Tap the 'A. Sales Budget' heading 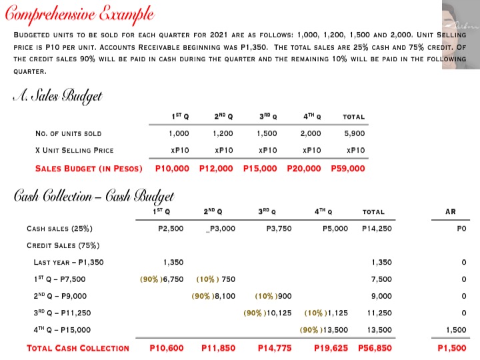click(x=59, y=97)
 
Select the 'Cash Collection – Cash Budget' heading click(x=94, y=196)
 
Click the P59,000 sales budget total click(x=348, y=168)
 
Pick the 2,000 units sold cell click(x=310, y=133)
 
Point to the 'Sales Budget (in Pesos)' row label click(x=89, y=168)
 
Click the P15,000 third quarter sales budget click(x=260, y=168)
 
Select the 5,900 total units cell click(x=354, y=133)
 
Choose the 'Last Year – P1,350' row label click(x=69, y=262)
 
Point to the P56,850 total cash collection click(x=375, y=347)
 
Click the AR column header click(x=451, y=212)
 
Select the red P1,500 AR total click(x=451, y=347)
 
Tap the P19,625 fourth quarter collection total click(x=331, y=347)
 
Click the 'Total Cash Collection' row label click(x=77, y=347)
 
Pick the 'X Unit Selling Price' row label click(x=74, y=150)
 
